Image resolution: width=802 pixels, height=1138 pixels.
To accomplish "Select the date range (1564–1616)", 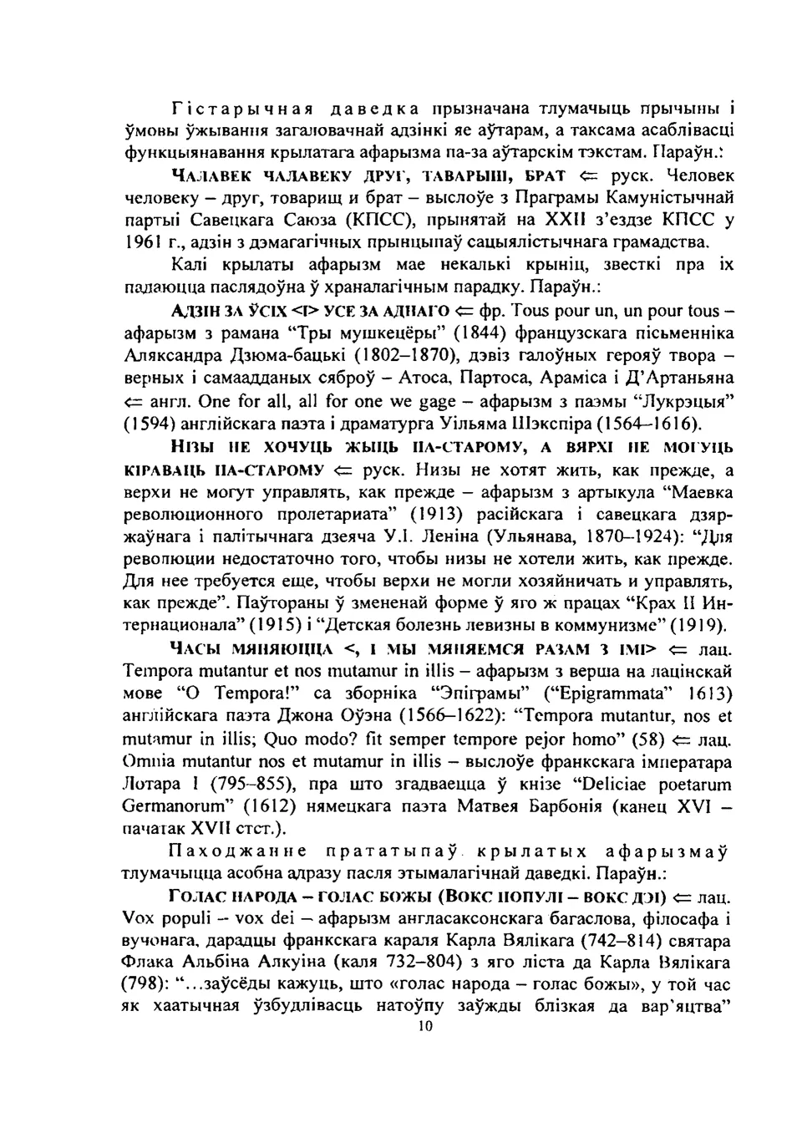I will pos(647,423).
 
